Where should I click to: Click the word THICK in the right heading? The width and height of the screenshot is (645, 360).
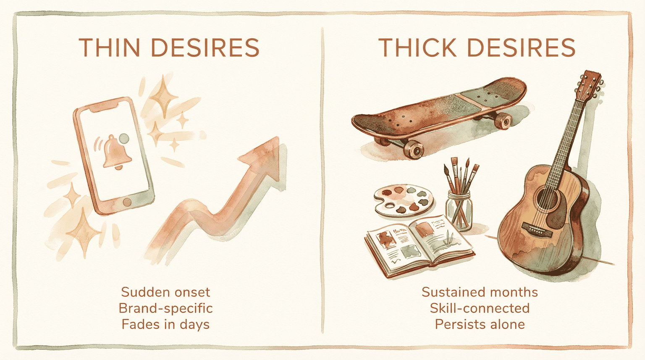point(417,47)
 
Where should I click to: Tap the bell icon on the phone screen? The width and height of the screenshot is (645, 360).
point(116,152)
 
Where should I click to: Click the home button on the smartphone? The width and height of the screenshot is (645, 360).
point(126,202)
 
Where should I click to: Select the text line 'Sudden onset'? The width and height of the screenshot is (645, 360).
point(165,292)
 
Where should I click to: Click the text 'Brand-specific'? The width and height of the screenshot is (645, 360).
point(165,308)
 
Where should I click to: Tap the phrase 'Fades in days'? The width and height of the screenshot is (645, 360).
point(165,324)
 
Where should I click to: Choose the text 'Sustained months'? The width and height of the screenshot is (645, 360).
point(480,292)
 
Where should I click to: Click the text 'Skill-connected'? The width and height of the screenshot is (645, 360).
point(480,308)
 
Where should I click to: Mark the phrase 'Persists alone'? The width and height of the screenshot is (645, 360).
point(480,324)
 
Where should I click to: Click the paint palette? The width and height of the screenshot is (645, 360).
point(403,200)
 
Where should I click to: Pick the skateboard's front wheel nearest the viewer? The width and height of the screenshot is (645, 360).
point(414,150)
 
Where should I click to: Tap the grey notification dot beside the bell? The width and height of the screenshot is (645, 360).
point(124,139)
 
